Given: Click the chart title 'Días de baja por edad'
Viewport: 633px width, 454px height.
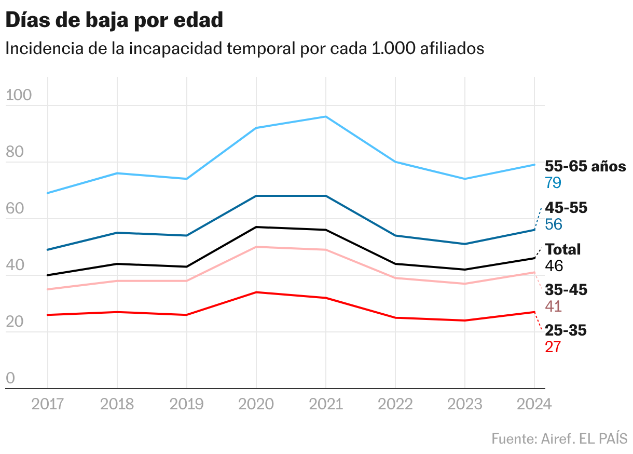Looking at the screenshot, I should tap(114, 20).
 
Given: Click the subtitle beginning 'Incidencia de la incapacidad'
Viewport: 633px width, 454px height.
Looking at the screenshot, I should tap(244, 48).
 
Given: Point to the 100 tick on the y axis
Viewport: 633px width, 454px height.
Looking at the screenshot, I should tap(19, 96).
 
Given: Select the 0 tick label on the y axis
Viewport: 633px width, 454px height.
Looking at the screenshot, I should tap(10, 379).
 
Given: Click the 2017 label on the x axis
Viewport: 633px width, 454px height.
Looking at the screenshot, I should tap(48, 404).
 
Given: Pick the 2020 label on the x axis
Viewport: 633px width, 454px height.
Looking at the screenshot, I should tap(256, 404).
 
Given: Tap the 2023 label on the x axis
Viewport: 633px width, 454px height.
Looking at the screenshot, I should tap(464, 404).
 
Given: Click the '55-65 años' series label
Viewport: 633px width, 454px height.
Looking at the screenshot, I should tap(585, 166).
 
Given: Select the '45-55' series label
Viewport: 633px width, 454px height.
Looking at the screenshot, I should tap(566, 208).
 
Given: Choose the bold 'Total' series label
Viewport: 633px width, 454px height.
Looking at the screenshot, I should tap(562, 249).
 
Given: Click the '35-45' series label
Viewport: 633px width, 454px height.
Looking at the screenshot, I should tap(566, 290).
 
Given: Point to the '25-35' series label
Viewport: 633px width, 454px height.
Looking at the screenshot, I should tap(566, 330).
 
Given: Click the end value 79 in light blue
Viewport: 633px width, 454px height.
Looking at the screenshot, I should tap(553, 183).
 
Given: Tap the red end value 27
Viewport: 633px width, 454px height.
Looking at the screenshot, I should tap(553, 347).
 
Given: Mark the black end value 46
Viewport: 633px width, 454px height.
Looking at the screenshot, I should tap(554, 266).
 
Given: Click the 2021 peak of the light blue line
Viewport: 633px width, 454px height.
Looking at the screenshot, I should tap(325, 116).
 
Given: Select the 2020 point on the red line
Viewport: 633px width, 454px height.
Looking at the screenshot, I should tap(256, 292).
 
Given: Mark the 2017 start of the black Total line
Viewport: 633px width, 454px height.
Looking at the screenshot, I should tap(48, 275).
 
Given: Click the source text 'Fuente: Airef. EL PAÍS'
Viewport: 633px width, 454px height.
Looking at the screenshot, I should tap(559, 438).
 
